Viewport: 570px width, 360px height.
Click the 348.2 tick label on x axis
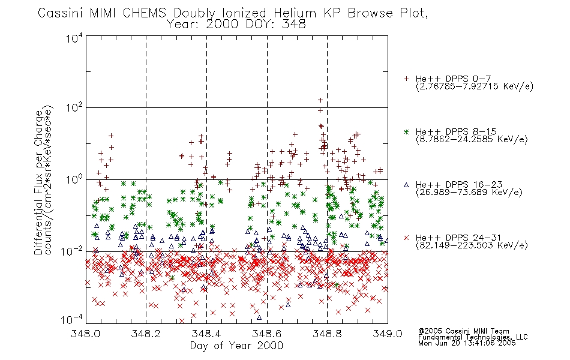(146, 334)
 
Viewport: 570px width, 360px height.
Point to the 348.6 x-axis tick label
(267, 334)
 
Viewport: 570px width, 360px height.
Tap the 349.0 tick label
(388, 334)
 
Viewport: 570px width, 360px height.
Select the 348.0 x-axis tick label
(85, 334)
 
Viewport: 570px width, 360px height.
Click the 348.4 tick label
(206, 334)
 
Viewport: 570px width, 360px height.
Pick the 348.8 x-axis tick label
(327, 334)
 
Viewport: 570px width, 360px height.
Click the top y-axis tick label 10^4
(74, 38)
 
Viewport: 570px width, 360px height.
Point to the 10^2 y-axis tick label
(74, 107)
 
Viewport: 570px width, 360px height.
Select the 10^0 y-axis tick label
(74, 179)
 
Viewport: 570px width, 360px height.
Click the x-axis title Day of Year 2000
(236, 346)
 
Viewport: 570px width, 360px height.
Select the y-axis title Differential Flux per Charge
(38, 182)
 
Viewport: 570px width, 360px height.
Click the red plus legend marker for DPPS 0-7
(406, 79)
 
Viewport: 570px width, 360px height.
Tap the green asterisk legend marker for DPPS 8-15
(406, 131)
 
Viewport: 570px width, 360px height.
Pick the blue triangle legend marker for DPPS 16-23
(406, 185)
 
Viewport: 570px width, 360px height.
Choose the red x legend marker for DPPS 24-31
(406, 238)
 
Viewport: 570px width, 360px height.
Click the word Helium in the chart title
(295, 13)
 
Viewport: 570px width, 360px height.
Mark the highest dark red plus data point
(320, 100)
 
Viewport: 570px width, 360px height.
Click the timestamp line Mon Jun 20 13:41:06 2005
(467, 343)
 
